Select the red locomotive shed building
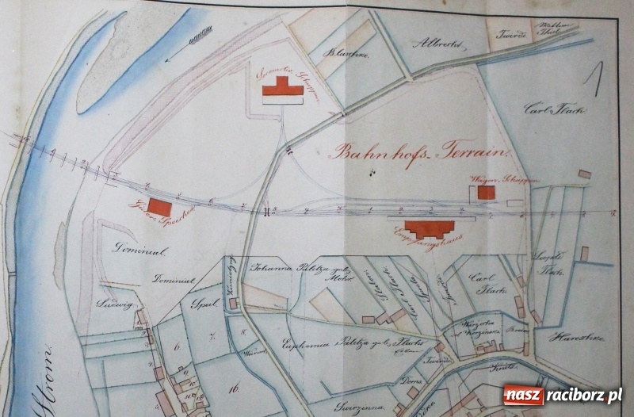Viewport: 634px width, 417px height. [283, 87]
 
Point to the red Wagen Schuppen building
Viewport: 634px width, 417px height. [486, 193]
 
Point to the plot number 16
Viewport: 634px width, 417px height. [234, 388]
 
